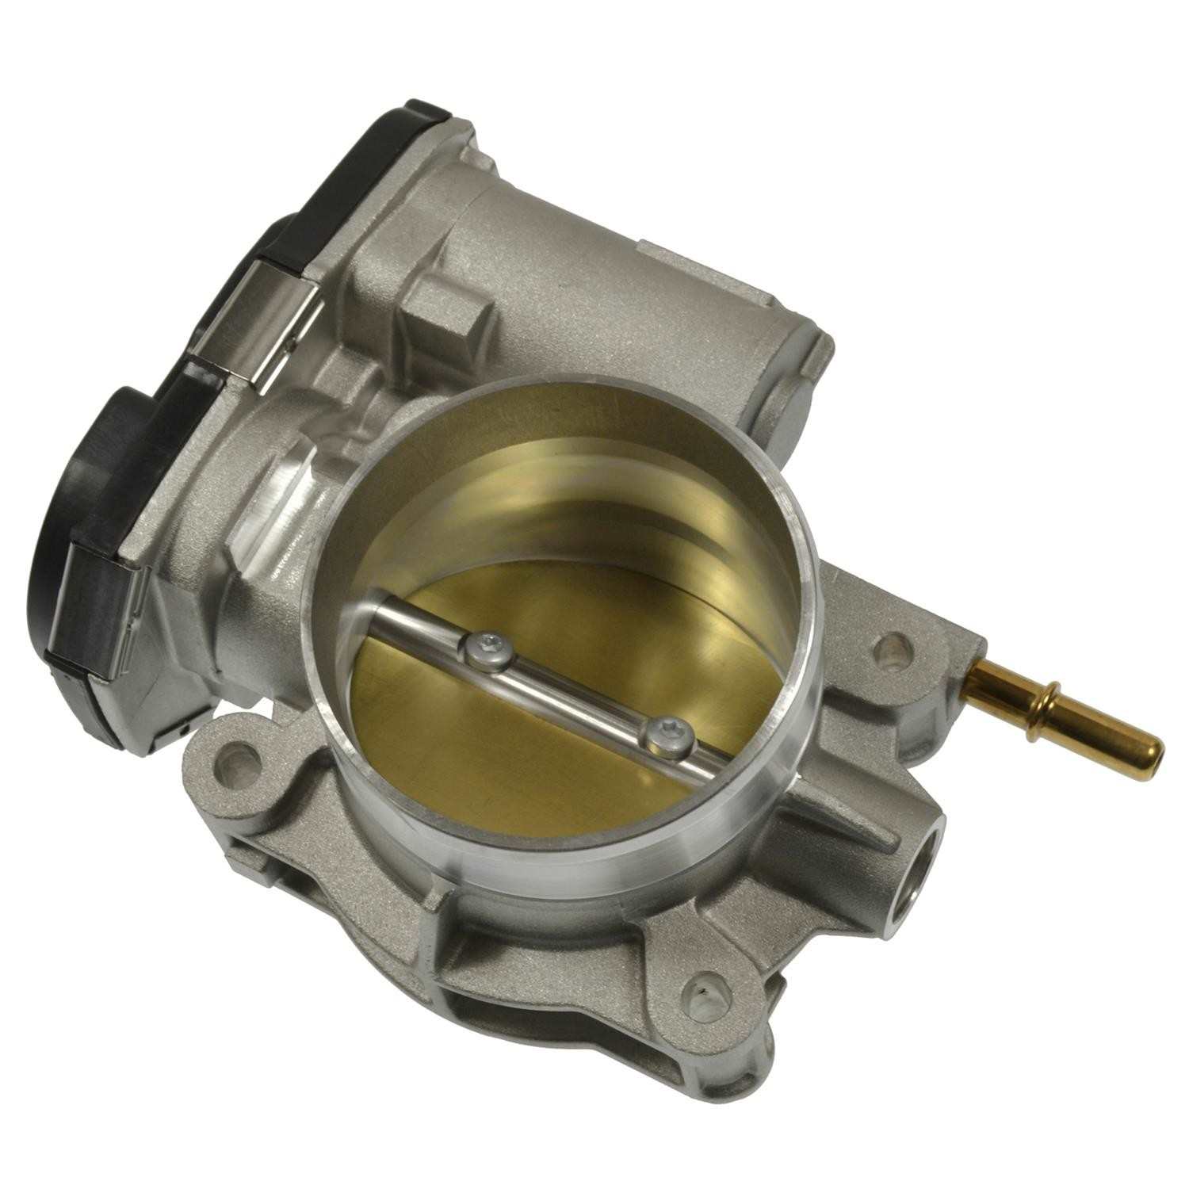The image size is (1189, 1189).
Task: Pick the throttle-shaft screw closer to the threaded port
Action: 664,737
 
